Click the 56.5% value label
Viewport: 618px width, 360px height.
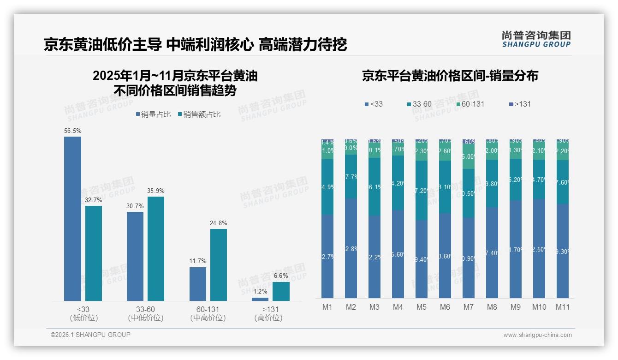72,131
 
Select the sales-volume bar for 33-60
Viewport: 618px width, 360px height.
135,256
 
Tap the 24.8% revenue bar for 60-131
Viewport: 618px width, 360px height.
219,265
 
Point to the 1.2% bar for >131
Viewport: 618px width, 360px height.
260,299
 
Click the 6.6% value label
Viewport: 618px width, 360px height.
281,276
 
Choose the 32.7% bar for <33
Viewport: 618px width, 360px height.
94,253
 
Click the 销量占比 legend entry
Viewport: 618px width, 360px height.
153,114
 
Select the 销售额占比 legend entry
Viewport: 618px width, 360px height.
199,114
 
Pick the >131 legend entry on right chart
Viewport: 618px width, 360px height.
519,104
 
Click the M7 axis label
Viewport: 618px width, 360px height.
469,307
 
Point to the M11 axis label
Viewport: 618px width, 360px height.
562,307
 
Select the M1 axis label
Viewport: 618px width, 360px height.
327,307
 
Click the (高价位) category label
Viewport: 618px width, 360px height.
268,318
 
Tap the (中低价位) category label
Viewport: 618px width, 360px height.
146,318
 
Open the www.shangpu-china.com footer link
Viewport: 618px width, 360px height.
537,335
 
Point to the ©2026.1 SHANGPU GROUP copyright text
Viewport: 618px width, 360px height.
90,335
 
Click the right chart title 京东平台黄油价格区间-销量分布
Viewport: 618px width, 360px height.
450,76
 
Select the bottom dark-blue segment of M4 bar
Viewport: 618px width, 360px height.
398,254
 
